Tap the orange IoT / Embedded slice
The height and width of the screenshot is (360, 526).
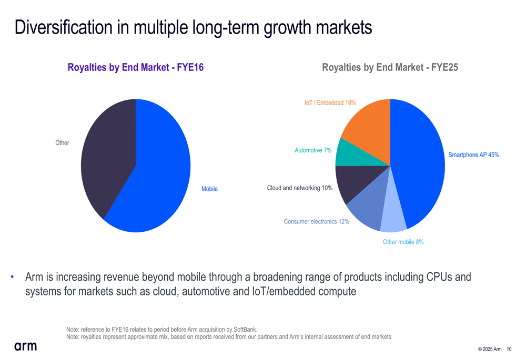pyautogui.click(x=368, y=131)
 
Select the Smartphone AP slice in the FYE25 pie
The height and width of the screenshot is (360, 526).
pyautogui.click(x=418, y=163)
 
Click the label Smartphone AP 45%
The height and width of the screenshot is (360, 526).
pyautogui.click(x=473, y=155)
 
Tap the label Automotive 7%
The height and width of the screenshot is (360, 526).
pyautogui.click(x=313, y=150)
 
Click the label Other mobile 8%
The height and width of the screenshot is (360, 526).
pyautogui.click(x=403, y=242)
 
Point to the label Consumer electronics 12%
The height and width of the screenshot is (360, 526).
pyautogui.click(x=316, y=222)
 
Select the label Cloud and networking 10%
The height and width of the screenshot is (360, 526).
pyautogui.click(x=299, y=188)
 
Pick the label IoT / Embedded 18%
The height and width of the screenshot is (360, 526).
pyautogui.click(x=330, y=103)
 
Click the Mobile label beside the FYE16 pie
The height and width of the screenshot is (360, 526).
pyautogui.click(x=209, y=189)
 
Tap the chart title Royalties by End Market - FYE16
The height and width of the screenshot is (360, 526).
pyautogui.click(x=136, y=67)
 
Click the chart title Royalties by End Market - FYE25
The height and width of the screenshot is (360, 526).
pyautogui.click(x=390, y=67)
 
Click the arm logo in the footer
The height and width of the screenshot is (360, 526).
pyautogui.click(x=26, y=346)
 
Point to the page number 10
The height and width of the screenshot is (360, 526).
pyautogui.click(x=509, y=349)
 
